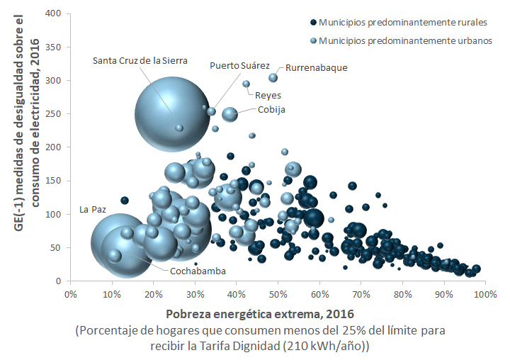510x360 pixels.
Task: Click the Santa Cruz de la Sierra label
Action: click(140, 61)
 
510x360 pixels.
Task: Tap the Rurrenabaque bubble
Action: click(273, 77)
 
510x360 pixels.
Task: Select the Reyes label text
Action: click(268, 95)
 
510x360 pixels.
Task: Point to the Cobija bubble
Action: click(229, 113)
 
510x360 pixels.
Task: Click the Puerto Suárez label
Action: click(239, 65)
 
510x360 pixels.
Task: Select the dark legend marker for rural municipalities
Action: click(313, 23)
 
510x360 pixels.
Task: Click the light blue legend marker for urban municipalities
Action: click(313, 41)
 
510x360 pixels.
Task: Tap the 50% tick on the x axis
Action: click(278, 293)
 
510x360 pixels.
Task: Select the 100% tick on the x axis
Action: click(485, 293)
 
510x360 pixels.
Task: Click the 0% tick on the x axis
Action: click(70, 293)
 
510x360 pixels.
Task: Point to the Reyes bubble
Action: click(246, 84)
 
